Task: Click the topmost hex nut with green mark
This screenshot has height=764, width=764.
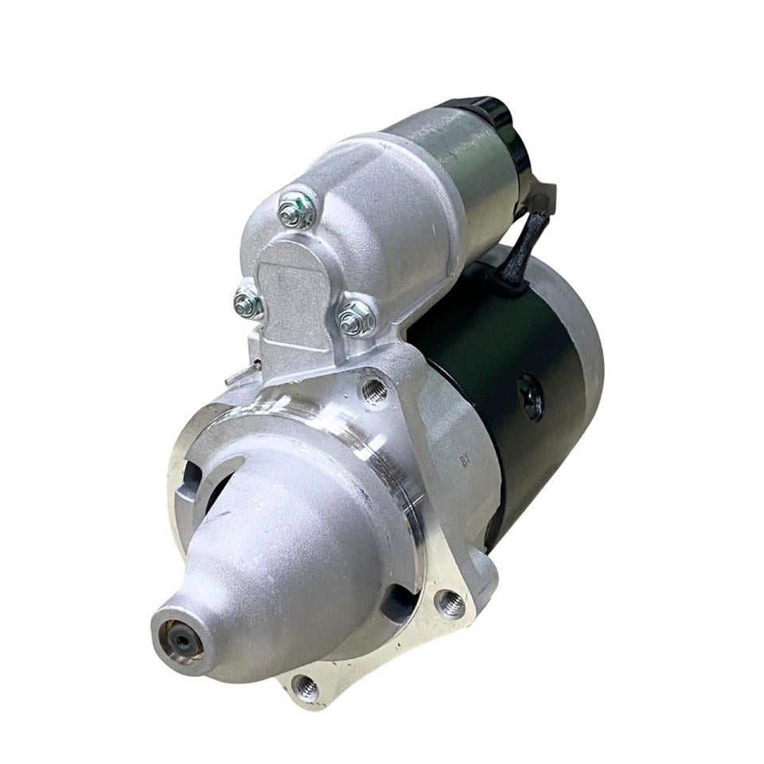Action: [296, 210]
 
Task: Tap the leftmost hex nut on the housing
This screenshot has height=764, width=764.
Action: [248, 302]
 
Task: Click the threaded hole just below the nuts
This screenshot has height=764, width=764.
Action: [373, 390]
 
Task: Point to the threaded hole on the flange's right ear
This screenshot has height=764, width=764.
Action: [450, 605]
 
